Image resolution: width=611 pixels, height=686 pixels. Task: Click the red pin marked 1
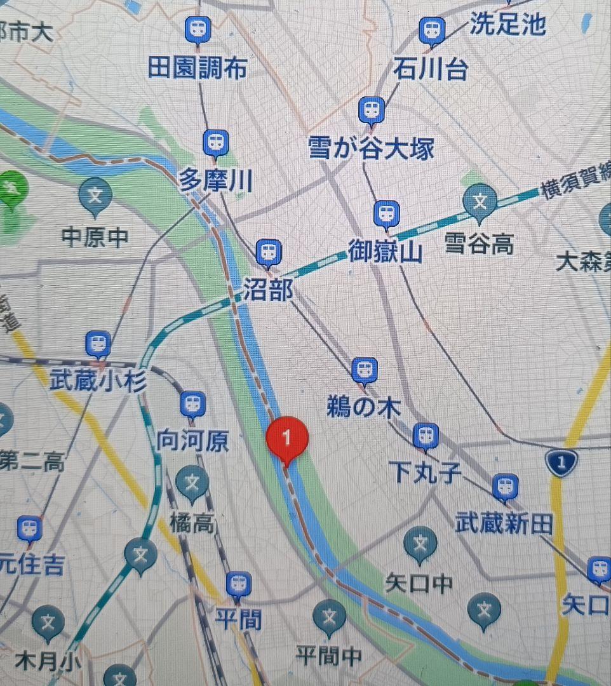pyautogui.click(x=287, y=438)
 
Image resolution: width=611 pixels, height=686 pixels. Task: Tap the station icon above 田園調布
pyautogui.click(x=198, y=29)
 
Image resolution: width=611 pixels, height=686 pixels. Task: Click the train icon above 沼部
pyautogui.click(x=268, y=252)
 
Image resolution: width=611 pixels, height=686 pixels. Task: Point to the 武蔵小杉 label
pyautogui.click(x=98, y=382)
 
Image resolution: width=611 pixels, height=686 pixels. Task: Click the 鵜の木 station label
pyautogui.click(x=363, y=407)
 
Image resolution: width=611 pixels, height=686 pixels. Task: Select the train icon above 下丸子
pyautogui.click(x=426, y=436)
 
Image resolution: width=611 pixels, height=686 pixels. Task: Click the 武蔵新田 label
pyautogui.click(x=504, y=524)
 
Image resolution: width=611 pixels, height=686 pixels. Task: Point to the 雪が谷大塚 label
pyautogui.click(x=372, y=149)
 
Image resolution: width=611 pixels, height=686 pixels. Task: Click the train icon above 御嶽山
pyautogui.click(x=386, y=213)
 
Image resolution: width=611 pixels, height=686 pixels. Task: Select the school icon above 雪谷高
pyautogui.click(x=481, y=201)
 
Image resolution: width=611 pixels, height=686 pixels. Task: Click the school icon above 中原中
pyautogui.click(x=95, y=194)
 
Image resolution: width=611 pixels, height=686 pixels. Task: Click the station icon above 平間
pyautogui.click(x=238, y=584)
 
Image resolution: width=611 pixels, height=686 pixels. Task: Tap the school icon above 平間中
pyautogui.click(x=329, y=615)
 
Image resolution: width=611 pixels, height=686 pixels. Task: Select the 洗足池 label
pyautogui.click(x=507, y=24)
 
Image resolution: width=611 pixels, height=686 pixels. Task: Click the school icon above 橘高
pyautogui.click(x=192, y=483)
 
